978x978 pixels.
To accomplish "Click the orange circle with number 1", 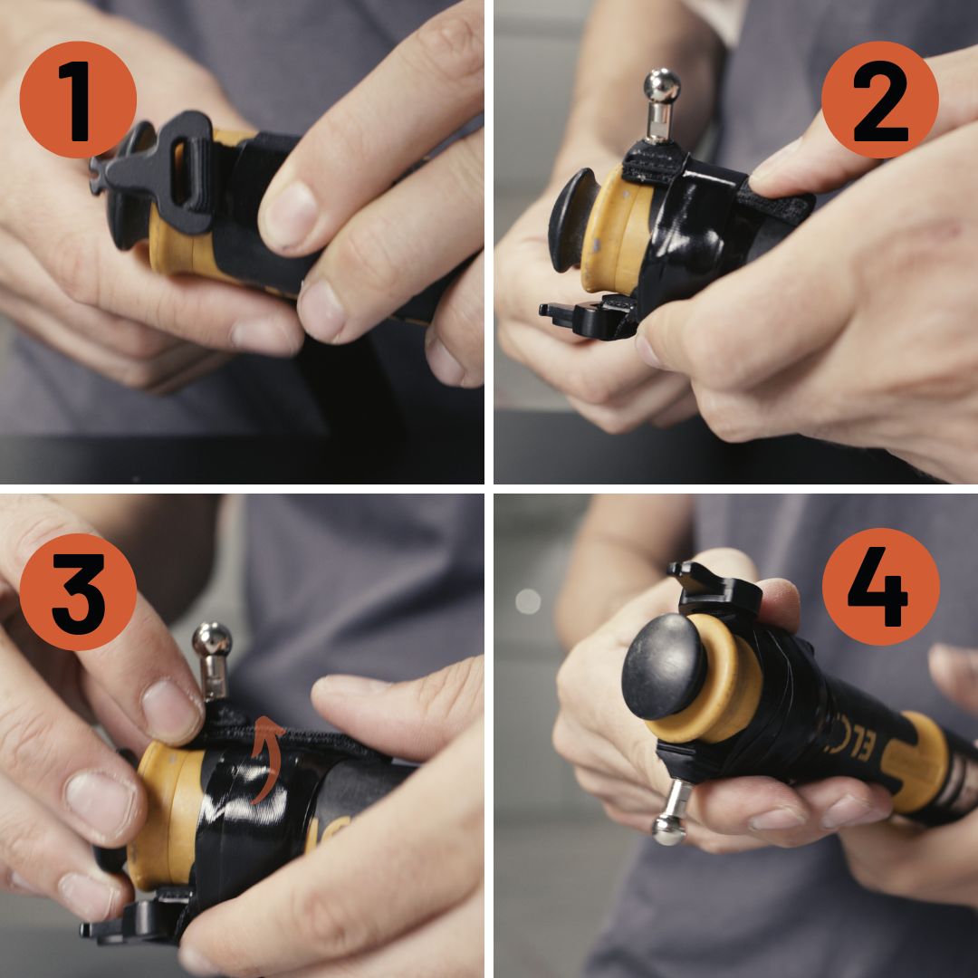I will (x=78, y=100).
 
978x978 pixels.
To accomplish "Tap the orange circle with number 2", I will (x=879, y=100).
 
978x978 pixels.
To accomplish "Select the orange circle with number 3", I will (x=78, y=592).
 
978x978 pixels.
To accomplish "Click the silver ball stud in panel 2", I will (x=661, y=88).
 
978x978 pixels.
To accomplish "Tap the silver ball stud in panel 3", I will (x=211, y=641).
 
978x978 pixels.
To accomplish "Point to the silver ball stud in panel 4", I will (x=671, y=825).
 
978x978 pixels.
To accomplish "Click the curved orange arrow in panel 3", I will (x=265, y=760).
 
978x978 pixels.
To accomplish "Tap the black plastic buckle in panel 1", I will (x=154, y=172).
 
